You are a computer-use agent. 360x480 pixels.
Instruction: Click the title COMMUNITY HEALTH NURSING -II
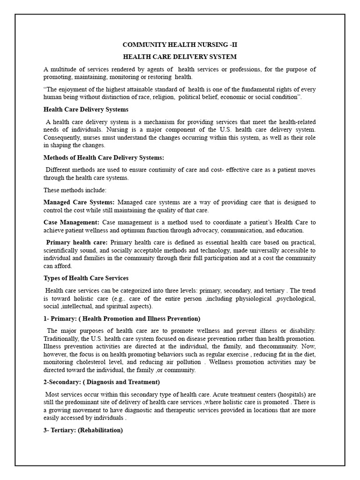click(x=180, y=45)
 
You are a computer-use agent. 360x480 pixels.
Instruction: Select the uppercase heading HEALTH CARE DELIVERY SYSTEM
click(x=180, y=57)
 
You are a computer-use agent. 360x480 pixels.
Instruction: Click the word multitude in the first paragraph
click(x=65, y=69)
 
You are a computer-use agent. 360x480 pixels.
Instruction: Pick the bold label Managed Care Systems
click(x=79, y=202)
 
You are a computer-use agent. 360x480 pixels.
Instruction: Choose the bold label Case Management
click(x=71, y=222)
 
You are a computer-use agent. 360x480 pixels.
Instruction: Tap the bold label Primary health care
click(x=77, y=242)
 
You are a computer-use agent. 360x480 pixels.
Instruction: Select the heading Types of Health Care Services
click(x=86, y=278)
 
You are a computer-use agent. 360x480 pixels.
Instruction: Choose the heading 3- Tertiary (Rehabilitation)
click(x=83, y=430)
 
